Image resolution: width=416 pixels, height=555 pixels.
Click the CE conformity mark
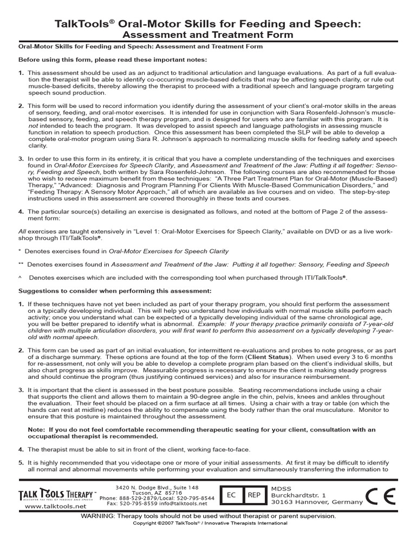click(x=381, y=495)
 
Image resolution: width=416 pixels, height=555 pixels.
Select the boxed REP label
click(x=254, y=495)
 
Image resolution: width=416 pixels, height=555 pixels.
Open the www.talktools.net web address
click(x=56, y=506)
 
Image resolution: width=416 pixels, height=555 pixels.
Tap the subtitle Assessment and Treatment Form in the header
click(x=207, y=35)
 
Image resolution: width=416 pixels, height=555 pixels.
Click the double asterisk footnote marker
click(x=21, y=264)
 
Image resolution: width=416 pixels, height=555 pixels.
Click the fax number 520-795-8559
click(x=141, y=503)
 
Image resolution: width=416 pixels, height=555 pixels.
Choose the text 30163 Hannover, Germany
click(x=317, y=502)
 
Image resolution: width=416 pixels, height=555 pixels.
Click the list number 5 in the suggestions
click(x=21, y=463)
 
